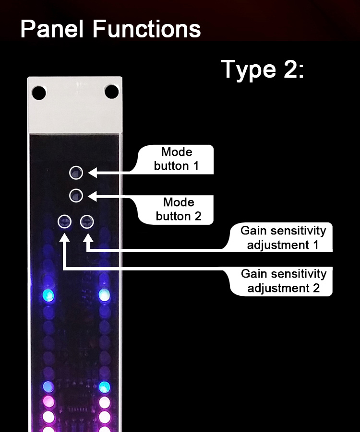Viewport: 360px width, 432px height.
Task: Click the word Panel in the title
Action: (53, 29)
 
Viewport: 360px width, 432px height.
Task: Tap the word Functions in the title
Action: (147, 29)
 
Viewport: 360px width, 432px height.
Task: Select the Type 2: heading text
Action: (263, 70)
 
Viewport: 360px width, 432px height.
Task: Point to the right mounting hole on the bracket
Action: (112, 91)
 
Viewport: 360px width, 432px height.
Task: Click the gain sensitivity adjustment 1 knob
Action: (87, 222)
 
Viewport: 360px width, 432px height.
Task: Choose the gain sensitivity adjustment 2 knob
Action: (65, 222)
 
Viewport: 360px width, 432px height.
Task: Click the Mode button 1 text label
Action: (176, 159)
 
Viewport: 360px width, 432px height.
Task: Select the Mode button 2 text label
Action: (178, 209)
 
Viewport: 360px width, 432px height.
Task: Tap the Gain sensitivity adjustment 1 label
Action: (283, 238)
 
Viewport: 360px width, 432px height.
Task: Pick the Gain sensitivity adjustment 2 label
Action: (283, 281)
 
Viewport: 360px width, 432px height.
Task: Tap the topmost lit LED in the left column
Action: (48, 295)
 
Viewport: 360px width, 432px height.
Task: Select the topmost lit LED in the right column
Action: (104, 295)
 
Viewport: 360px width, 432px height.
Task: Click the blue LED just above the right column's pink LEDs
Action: (104, 386)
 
